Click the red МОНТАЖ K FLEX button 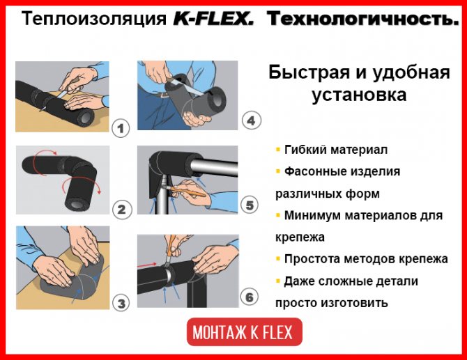coord(245,332)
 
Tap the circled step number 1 coord(121,129)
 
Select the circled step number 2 coord(122,210)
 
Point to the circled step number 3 coord(121,303)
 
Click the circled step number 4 coord(252,120)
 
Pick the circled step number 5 coord(250,205)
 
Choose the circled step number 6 coord(250,297)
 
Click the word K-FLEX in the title coord(213,19)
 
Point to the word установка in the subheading coord(359,95)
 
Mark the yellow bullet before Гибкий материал coord(278,149)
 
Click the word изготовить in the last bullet coord(354,303)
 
